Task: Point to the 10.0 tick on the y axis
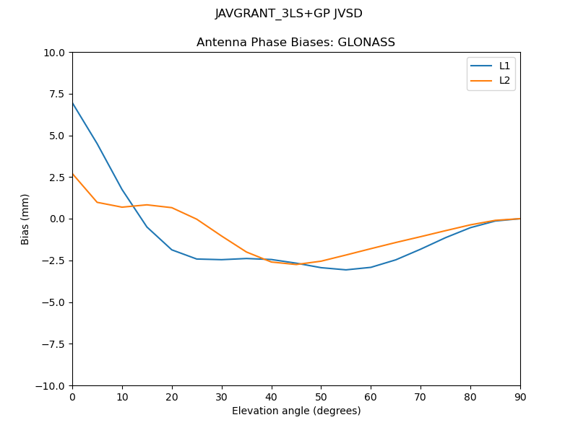pyautogui.click(x=56, y=53)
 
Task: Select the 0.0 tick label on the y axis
pyautogui.click(x=58, y=219)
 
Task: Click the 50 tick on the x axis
pyautogui.click(x=321, y=396)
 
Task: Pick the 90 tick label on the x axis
pyautogui.click(x=519, y=396)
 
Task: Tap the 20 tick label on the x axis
pyautogui.click(x=172, y=396)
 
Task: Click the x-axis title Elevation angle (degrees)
pyautogui.click(x=296, y=411)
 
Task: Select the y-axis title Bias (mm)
pyautogui.click(x=25, y=219)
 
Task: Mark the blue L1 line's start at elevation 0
pyautogui.click(x=73, y=103)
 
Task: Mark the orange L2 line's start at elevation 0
pyautogui.click(x=73, y=174)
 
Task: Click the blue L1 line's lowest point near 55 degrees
pyautogui.click(x=346, y=270)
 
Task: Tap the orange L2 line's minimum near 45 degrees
pyautogui.click(x=296, y=264)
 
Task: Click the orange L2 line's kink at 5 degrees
pyautogui.click(x=98, y=202)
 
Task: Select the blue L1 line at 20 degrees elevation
pyautogui.click(x=172, y=250)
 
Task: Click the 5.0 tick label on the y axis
pyautogui.click(x=58, y=136)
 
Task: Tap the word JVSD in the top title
pyautogui.click(x=348, y=14)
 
